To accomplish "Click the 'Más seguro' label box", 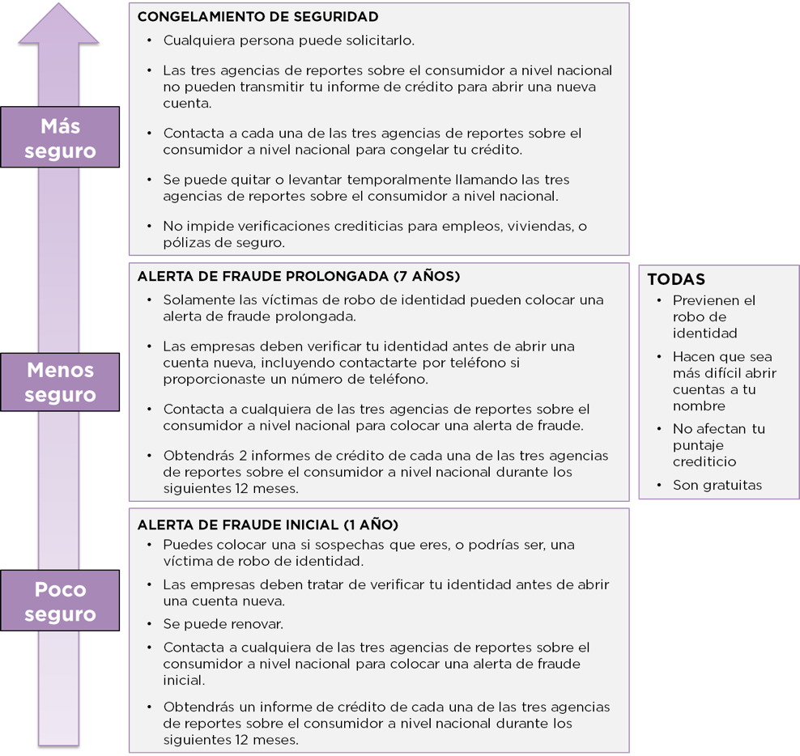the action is [60, 138].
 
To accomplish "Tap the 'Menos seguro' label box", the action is [60, 382].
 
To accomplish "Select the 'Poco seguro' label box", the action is [60, 601].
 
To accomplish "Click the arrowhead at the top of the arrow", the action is [58, 23].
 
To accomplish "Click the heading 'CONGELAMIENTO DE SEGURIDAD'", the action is [258, 17].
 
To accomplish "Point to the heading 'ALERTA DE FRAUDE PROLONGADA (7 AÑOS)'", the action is [299, 277].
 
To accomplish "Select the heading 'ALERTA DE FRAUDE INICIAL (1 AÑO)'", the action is [268, 525].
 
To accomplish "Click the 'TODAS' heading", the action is [677, 279].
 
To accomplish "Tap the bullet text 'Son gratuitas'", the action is [717, 485].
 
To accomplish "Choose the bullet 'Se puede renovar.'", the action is [223, 624].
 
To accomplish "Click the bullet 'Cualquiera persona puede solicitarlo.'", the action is [289, 40].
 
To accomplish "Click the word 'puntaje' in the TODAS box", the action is [698, 445].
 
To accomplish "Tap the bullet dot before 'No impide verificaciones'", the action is [150, 226].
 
